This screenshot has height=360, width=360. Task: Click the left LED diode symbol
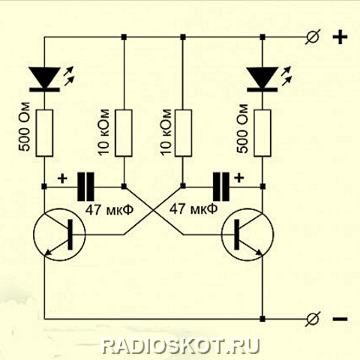[44, 79]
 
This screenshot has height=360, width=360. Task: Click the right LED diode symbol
[262, 79]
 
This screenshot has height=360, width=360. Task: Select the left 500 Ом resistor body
[44, 133]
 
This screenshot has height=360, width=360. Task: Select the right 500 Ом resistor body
[262, 133]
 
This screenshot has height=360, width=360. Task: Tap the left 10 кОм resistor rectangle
[124, 133]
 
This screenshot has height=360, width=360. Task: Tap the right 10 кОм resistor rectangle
[183, 133]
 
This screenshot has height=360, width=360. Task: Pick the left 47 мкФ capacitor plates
[85, 187]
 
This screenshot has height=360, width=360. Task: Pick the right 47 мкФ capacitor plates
[221, 187]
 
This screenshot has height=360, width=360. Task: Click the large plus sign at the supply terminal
[340, 37]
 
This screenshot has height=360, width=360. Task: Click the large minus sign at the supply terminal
[340, 319]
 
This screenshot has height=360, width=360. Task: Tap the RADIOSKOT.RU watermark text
[181, 346]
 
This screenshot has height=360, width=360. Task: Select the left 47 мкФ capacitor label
[109, 210]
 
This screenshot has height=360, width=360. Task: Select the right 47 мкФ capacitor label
[193, 208]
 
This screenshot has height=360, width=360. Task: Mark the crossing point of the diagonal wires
[153, 211]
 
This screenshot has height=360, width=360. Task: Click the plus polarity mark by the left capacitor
[62, 178]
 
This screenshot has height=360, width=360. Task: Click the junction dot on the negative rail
[262, 319]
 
